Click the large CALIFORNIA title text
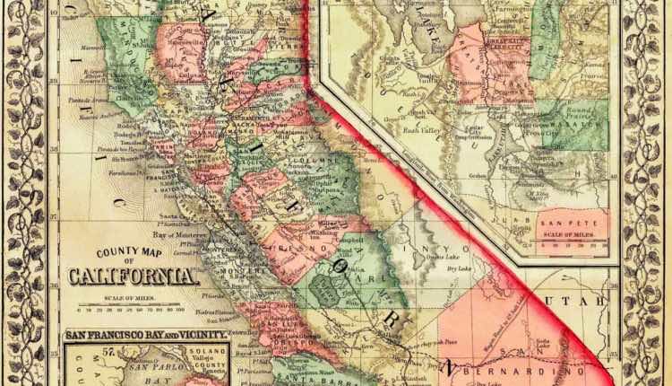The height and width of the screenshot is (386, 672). (132, 276)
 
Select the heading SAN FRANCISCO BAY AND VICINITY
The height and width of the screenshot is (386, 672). (146, 335)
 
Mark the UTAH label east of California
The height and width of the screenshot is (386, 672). (587, 303)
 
